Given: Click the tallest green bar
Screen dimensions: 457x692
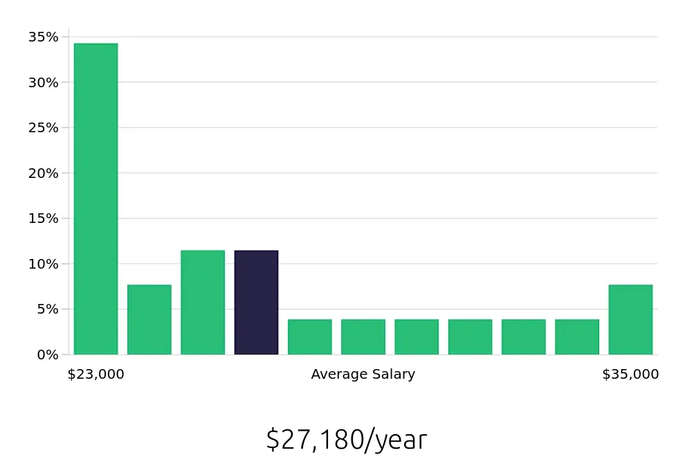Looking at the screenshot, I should coord(95,199).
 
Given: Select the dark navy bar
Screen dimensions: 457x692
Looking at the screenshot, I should coord(256,303).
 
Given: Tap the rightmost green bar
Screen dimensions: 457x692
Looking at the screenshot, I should coord(630,320).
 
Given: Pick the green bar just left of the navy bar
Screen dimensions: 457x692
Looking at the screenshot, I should coord(203,303).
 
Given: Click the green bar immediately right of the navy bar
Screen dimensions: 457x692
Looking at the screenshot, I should coord(309,337).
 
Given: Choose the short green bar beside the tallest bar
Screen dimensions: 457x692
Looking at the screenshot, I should coord(149,320).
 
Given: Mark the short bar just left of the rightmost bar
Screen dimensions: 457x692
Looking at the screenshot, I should coord(577,337).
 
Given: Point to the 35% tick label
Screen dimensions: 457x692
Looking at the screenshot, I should coord(43,37).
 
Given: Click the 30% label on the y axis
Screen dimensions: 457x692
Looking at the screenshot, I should coord(43,82).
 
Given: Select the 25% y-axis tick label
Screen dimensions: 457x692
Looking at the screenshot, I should coord(43,128).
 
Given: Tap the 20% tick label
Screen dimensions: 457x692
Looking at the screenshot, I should coord(43,173).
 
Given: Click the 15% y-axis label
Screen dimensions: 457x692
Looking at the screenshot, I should coord(43,219).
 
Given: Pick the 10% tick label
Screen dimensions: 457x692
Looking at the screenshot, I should coord(43,264).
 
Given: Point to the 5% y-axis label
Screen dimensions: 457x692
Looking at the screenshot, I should coord(46,310).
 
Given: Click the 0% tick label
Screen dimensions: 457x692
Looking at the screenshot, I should coord(46,355).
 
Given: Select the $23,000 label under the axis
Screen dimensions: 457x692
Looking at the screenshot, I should coord(95,375).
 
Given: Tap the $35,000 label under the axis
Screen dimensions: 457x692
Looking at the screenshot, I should coord(630,375).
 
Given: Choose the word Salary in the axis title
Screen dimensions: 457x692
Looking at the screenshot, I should coord(391,375).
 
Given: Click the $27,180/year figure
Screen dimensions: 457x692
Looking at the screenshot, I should coord(346,440).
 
